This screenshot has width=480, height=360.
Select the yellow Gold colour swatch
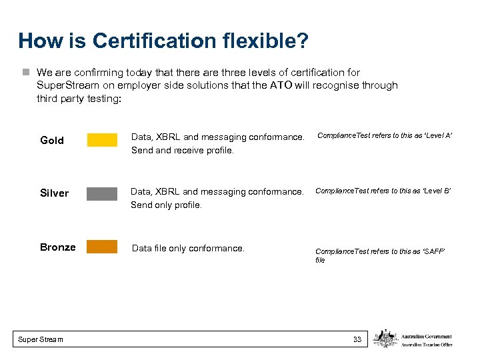click(x=102, y=139)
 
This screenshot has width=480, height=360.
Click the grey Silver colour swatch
click(x=102, y=193)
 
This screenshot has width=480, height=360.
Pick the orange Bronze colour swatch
click(x=102, y=247)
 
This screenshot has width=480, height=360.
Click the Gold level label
click(x=52, y=140)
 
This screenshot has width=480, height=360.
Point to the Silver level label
click(x=54, y=193)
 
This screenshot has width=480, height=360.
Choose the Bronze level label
click(x=57, y=247)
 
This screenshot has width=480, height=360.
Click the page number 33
click(x=357, y=339)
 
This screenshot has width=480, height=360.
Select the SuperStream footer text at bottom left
click(x=41, y=339)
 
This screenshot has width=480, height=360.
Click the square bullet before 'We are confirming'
click(x=25, y=72)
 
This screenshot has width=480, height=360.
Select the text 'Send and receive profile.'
click(x=183, y=151)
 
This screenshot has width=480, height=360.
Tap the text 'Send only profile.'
click(x=166, y=205)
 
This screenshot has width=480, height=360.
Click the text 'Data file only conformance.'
click(x=188, y=248)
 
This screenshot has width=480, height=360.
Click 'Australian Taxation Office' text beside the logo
click(x=427, y=345)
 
